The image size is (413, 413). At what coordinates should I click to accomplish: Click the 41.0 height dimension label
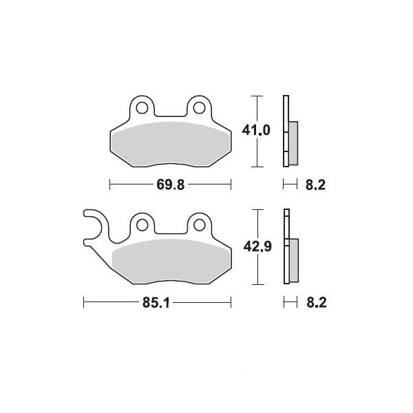click(x=256, y=130)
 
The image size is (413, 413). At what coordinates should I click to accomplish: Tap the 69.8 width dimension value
click(x=171, y=184)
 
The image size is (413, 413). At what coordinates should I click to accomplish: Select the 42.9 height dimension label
click(x=257, y=247)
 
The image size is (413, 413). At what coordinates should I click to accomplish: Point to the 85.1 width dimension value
click(x=156, y=303)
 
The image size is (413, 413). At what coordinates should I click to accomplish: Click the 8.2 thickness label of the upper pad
click(x=315, y=185)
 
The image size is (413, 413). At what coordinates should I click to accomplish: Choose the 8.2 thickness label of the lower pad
click(x=317, y=303)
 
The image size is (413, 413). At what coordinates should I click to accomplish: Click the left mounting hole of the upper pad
click(x=142, y=108)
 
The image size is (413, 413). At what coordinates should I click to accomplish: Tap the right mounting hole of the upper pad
click(x=199, y=108)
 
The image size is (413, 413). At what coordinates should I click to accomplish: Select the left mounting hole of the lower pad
click(x=142, y=225)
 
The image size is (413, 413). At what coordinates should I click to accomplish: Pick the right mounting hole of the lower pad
click(x=200, y=225)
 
